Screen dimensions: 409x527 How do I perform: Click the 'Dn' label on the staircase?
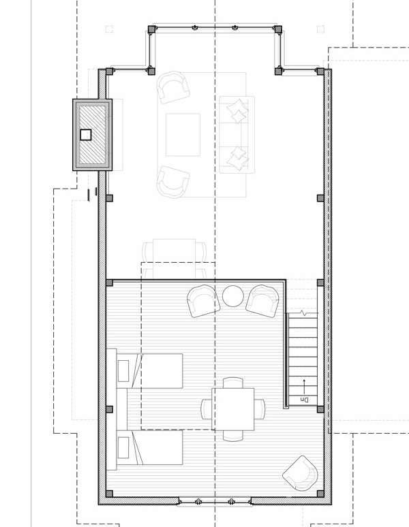pyautogui.click(x=304, y=400)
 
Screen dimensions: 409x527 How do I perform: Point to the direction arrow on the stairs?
pyautogui.click(x=304, y=387)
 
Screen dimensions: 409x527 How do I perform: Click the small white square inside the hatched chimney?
pyautogui.click(x=86, y=135)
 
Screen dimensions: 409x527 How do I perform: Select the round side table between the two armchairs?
pyautogui.click(x=232, y=296)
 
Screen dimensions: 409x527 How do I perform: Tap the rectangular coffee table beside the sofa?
pyautogui.click(x=183, y=135)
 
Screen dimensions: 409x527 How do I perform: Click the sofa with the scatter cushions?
pyautogui.click(x=237, y=135)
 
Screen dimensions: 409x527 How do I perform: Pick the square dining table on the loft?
pyautogui.click(x=232, y=409)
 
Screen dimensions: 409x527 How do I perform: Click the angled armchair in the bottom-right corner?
pyautogui.click(x=301, y=474)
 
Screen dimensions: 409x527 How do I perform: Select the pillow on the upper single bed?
pyautogui.click(x=123, y=370)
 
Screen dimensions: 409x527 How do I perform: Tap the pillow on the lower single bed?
pyautogui.click(x=123, y=447)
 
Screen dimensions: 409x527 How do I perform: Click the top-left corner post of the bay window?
pyautogui.click(x=152, y=29)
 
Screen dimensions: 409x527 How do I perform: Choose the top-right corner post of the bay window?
pyautogui.click(x=278, y=29)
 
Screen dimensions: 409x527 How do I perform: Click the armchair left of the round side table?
pyautogui.click(x=203, y=301)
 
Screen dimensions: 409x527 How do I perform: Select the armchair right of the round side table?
pyautogui.click(x=262, y=301)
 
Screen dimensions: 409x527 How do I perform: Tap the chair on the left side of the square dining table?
pyautogui.click(x=206, y=409)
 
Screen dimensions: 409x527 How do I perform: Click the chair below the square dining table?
pyautogui.click(x=232, y=436)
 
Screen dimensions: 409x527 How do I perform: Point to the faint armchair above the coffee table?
pyautogui.click(x=173, y=87)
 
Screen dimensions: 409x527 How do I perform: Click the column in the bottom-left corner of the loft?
pyautogui.click(x=109, y=494)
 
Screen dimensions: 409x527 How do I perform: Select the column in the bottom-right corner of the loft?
pyautogui.click(x=320, y=494)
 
